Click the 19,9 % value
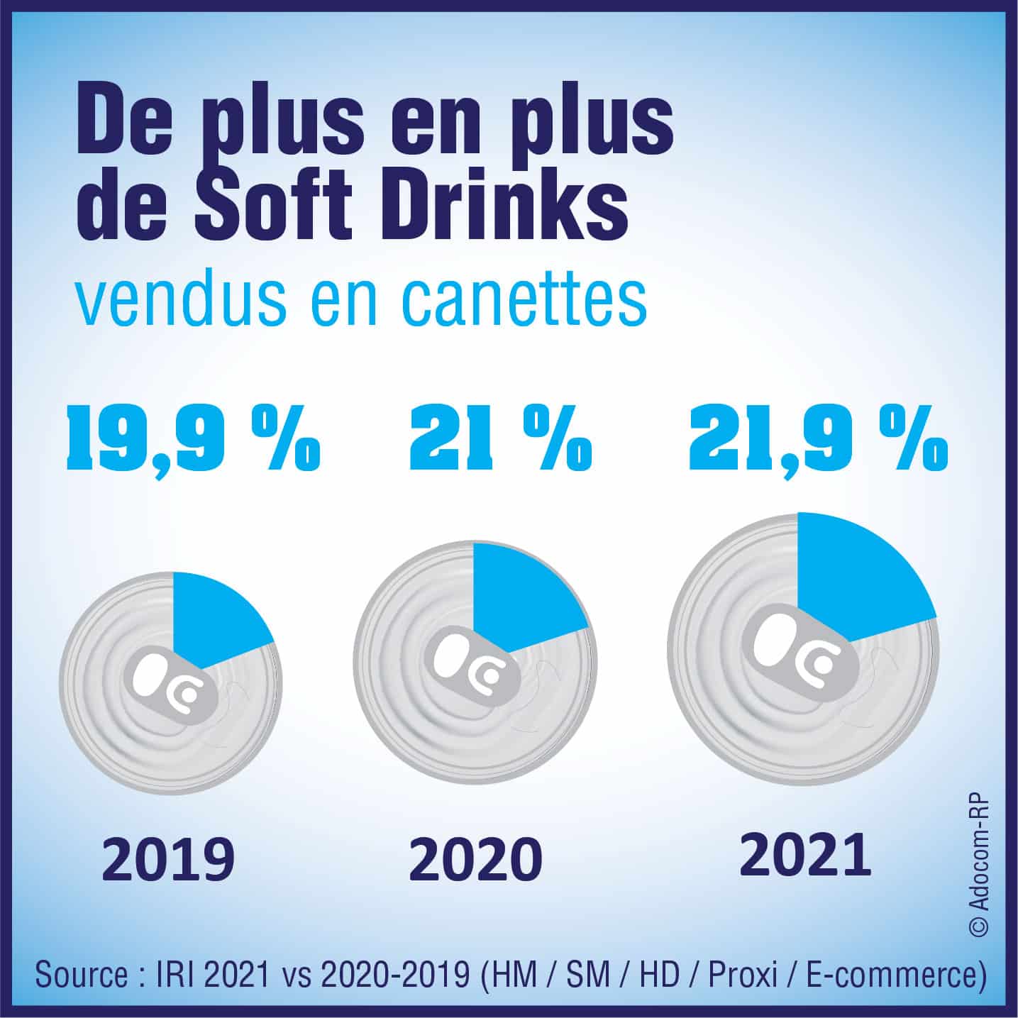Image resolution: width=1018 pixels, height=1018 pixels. pos(193,440)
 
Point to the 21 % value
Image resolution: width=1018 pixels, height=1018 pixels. pos(501,440)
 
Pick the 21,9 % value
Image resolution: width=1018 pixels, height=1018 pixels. pos(818,440)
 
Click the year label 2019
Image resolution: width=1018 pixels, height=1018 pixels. pos(168,858)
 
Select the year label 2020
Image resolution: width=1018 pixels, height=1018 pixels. pos(475,859)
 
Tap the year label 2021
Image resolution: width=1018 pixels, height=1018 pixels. pos(805,853)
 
